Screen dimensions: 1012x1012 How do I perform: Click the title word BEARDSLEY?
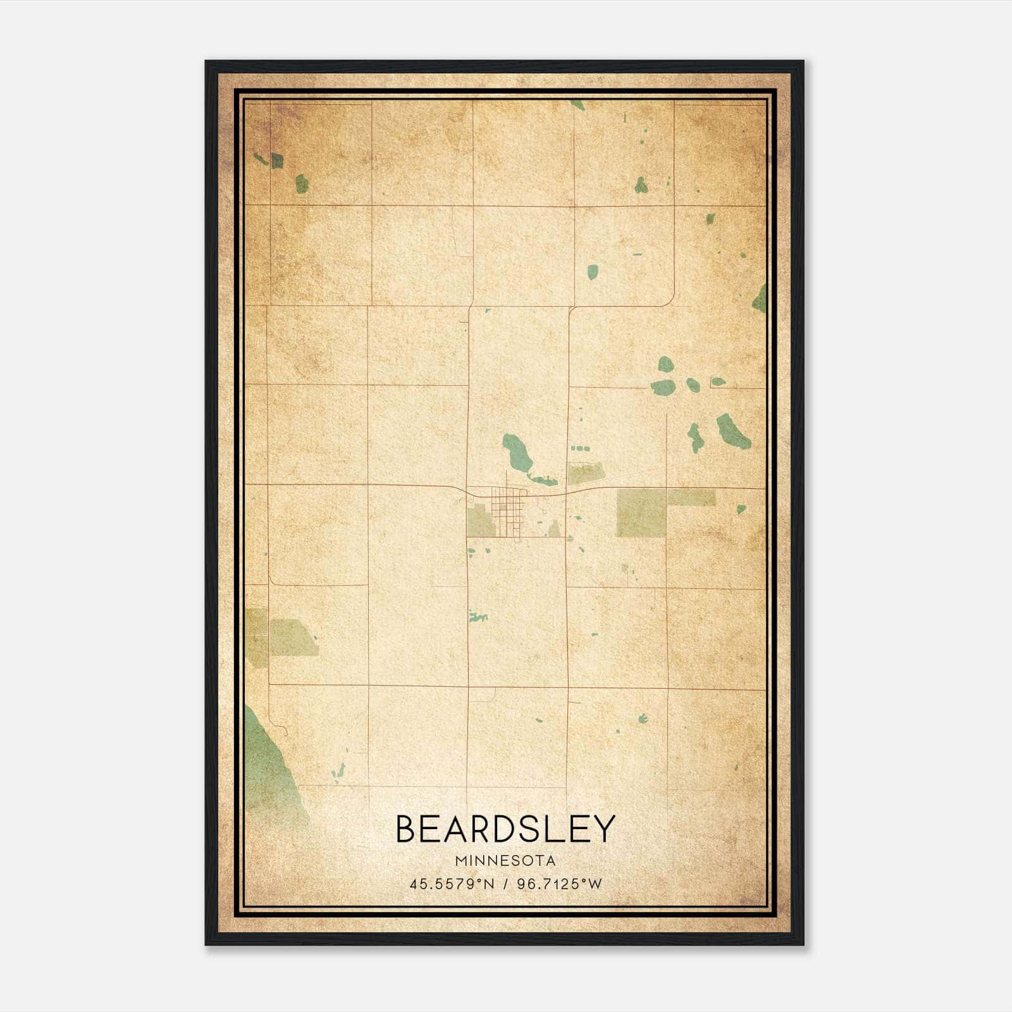[505, 829]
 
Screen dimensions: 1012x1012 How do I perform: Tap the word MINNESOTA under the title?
[505, 861]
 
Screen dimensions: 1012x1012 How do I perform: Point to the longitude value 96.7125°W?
[559, 884]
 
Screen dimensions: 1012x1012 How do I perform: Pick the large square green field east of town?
[641, 513]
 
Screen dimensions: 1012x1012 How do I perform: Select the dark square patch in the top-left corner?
[276, 161]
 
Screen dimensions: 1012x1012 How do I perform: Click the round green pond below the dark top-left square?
[302, 184]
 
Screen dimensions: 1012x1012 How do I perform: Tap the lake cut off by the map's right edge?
[760, 299]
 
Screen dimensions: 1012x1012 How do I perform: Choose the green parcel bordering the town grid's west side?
[481, 521]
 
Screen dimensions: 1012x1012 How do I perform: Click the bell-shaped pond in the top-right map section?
[641, 185]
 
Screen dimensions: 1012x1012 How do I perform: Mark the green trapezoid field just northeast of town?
[586, 472]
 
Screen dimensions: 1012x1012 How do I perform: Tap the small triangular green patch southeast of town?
[554, 529]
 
